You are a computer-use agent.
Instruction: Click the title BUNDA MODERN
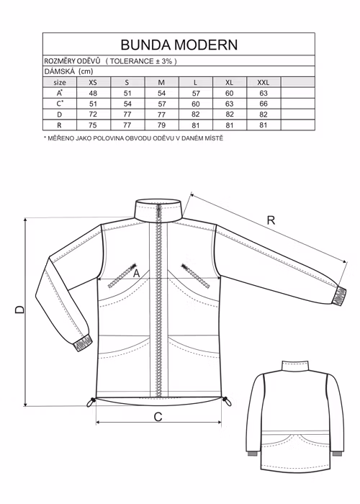(x=179, y=45)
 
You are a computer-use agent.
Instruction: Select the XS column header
(x=93, y=82)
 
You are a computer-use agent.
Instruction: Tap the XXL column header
(x=264, y=82)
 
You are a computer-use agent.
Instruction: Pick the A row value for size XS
(x=93, y=93)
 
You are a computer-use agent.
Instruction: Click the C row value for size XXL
(x=264, y=104)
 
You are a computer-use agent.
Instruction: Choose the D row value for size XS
(x=93, y=114)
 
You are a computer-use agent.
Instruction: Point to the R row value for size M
(x=162, y=125)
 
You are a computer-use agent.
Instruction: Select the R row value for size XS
(x=93, y=125)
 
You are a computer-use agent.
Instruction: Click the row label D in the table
(x=59, y=114)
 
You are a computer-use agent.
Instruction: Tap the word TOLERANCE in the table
(x=132, y=61)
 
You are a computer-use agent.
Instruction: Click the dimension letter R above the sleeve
(x=271, y=220)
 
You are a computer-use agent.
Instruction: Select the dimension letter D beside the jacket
(x=19, y=309)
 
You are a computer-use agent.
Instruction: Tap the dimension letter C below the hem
(x=158, y=417)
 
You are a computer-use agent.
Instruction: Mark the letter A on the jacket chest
(x=137, y=274)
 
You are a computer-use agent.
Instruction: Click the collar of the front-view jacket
(x=158, y=210)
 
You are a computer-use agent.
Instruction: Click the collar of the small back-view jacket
(x=295, y=366)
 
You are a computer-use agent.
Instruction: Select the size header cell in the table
(x=60, y=82)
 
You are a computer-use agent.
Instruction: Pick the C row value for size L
(x=196, y=104)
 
